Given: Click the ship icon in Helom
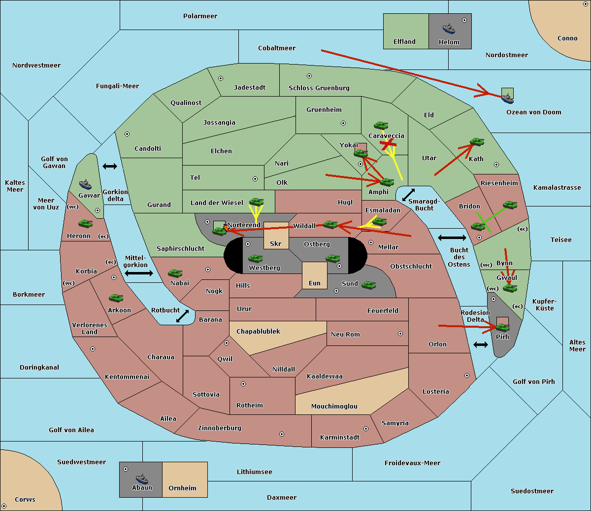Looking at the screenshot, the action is pos(449,29).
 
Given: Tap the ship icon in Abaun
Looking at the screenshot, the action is pos(142,478).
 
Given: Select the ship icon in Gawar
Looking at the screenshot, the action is pos(85,185).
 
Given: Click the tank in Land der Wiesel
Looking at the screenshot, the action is pos(256,202).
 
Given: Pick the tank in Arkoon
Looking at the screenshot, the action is pos(116,298).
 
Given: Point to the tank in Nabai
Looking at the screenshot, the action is pos(175,273).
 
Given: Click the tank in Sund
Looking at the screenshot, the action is pos(368,285).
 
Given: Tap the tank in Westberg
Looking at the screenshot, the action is pos(255,258).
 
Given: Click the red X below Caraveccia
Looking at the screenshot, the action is pos(388,144).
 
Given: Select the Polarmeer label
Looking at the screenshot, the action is pos(200,16).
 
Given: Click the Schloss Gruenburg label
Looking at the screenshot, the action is pos(319,88).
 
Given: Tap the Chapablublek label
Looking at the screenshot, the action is pos(258,331).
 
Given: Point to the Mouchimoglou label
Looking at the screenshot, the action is pos(334,406).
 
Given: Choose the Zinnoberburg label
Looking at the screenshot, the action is pos(220,428).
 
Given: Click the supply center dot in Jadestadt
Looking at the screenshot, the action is pos(221,78).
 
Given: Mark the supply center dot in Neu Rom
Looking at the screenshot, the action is pos(400,334).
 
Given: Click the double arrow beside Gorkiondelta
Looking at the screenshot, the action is pos(110,166).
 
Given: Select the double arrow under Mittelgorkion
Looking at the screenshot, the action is pos(139,273).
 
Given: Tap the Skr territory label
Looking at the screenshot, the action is pos(276,243).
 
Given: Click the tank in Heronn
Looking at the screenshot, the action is pos(86,223).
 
